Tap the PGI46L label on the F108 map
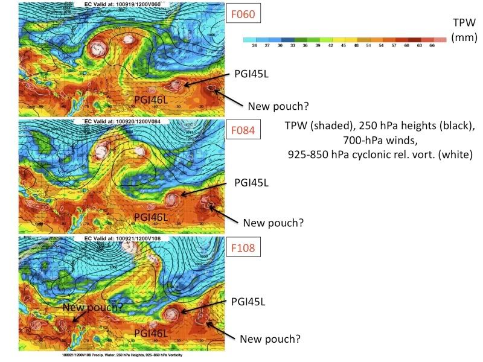coord(154,332)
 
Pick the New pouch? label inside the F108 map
coord(92,307)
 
